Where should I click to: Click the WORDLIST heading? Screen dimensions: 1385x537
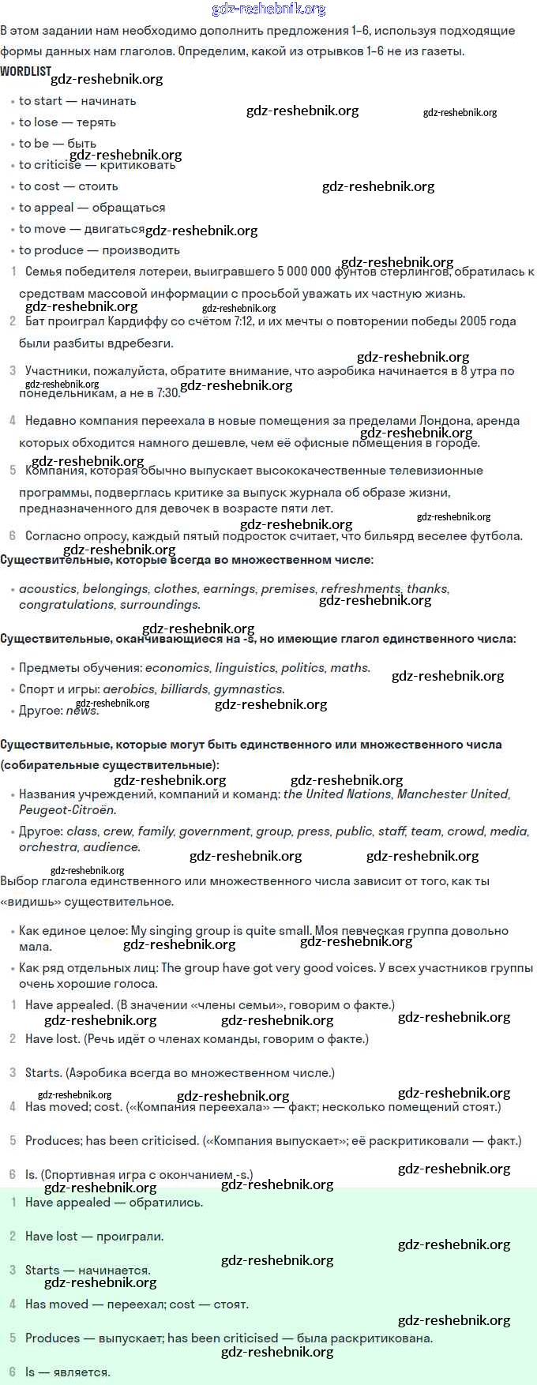pyautogui.click(x=25, y=71)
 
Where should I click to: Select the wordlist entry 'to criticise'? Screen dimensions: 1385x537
pyautogui.click(x=50, y=165)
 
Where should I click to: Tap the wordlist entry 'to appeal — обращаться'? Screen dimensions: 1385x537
pyautogui.click(x=92, y=208)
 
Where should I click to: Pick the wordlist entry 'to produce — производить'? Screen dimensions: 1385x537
pyautogui.click(x=99, y=250)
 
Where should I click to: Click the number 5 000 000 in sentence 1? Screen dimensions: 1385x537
pyautogui.click(x=304, y=272)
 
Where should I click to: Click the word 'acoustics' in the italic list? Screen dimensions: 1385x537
pyautogui.click(x=47, y=589)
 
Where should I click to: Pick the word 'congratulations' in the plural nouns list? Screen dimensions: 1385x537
pyautogui.click(x=67, y=605)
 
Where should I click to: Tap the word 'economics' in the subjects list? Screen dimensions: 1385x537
pyautogui.click(x=177, y=668)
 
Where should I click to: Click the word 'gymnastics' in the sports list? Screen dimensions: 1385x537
pyautogui.click(x=248, y=689)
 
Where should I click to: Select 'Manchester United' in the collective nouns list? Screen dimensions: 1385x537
pyautogui.click(x=453, y=794)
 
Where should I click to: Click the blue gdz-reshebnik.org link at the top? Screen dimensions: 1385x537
pyautogui.click(x=268, y=9)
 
